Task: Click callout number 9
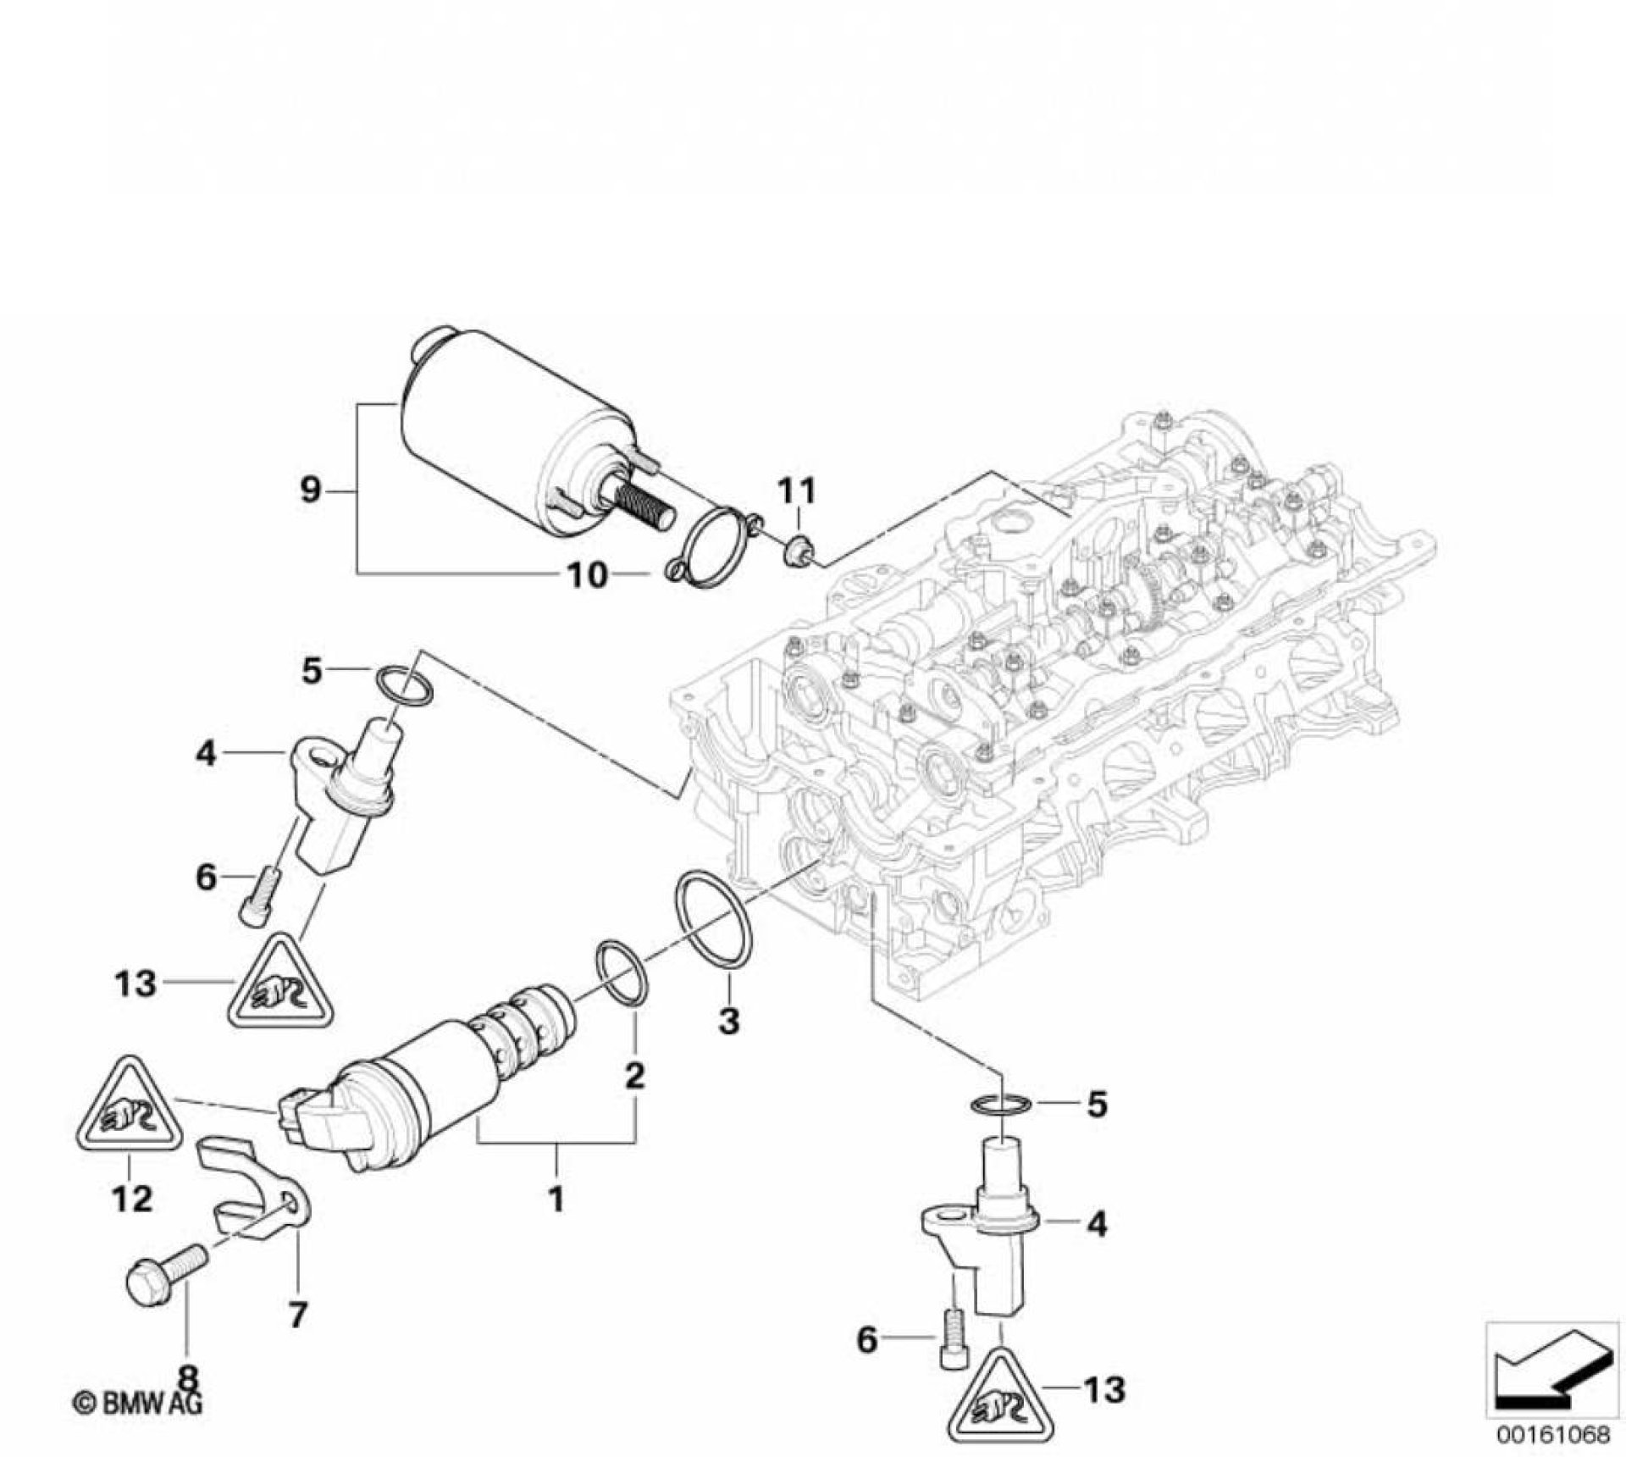pos(311,490)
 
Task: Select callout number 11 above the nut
pos(797,490)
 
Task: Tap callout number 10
pos(587,575)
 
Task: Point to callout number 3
pos(728,1020)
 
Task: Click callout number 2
pos(634,1076)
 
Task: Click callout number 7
pos(298,1314)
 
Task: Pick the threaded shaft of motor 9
pos(647,505)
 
